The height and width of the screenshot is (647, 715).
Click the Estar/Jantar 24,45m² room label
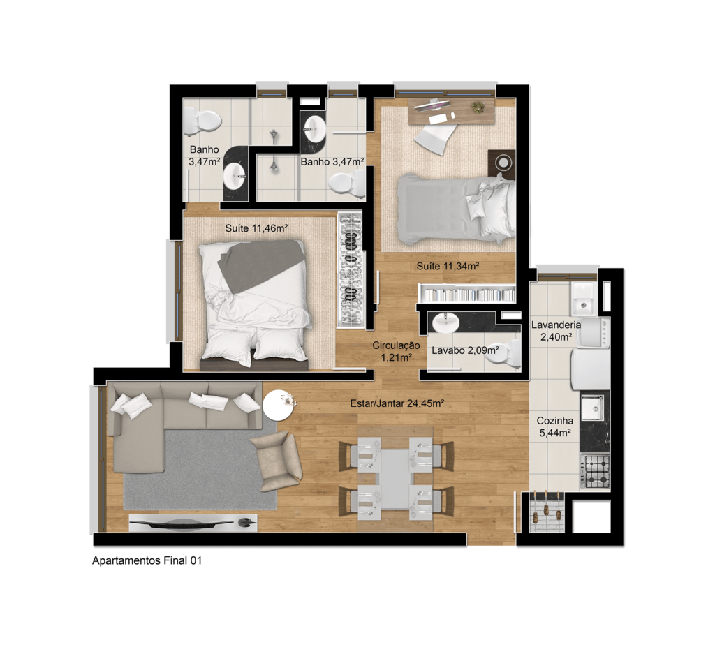coord(397,403)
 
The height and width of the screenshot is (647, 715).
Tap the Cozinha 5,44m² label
coord(554,426)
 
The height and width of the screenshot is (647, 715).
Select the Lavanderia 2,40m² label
coord(556,331)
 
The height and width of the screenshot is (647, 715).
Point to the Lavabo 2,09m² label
coord(465,350)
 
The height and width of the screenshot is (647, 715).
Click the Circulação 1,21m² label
coord(397,351)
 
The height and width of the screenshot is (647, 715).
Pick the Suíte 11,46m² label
coord(256,228)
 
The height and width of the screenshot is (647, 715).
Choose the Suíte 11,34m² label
coord(448,266)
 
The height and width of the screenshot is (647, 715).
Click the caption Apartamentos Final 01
coord(147,560)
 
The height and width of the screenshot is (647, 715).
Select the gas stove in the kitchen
coord(595,471)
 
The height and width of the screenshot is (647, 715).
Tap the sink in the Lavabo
coord(445,322)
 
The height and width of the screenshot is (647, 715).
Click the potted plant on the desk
coord(478,107)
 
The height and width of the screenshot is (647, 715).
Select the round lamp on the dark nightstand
coord(503,163)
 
